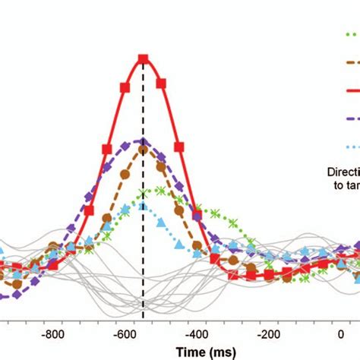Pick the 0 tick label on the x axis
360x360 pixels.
340,333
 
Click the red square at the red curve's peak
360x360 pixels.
142,58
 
